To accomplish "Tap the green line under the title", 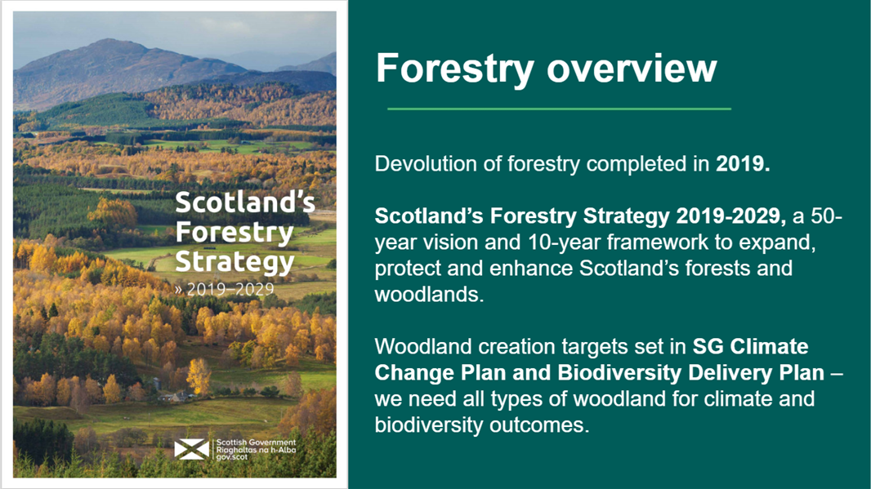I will point(559,108).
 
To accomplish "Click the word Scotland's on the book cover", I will point(245,202).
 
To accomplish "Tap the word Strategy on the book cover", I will point(234,262).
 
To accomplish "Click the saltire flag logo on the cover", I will point(192,448).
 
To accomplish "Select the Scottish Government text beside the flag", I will point(255,442).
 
